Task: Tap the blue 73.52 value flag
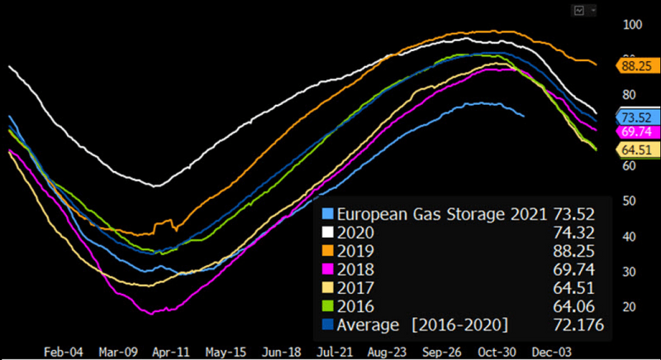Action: [638, 117]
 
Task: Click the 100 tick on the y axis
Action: [632, 24]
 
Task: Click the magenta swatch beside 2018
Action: [329, 270]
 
